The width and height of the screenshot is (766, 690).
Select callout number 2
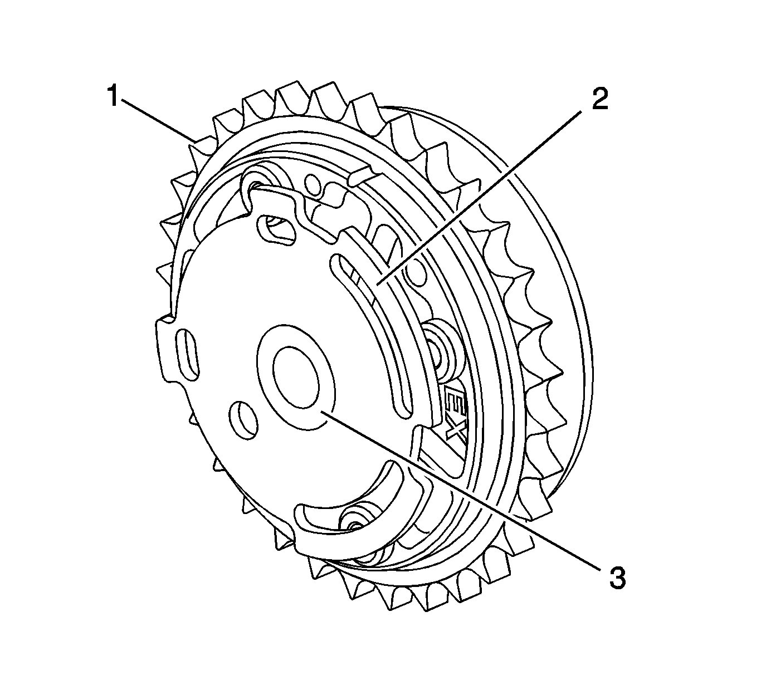(600, 99)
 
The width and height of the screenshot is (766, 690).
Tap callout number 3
(617, 579)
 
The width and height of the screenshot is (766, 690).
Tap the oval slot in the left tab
(186, 355)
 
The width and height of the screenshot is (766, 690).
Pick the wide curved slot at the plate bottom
(357, 501)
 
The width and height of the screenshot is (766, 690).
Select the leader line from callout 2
(479, 195)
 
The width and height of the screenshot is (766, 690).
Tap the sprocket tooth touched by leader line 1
(203, 145)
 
